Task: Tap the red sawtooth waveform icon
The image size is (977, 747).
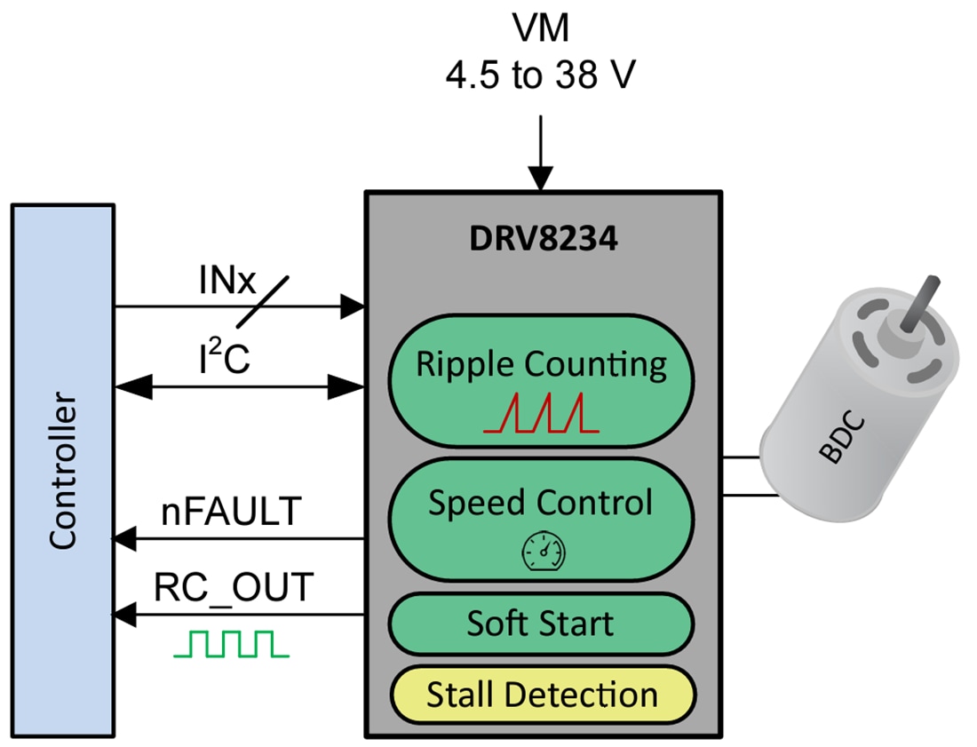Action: pos(541,415)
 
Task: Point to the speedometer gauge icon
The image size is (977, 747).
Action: pos(542,553)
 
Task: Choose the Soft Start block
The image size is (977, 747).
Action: pos(541,624)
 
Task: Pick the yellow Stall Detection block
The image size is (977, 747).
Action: pos(541,695)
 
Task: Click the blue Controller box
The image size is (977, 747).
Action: pos(63,470)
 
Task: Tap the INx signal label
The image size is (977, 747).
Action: pos(226,283)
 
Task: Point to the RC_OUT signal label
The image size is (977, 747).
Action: pos(234,588)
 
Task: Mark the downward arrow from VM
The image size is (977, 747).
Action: pos(540,164)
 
